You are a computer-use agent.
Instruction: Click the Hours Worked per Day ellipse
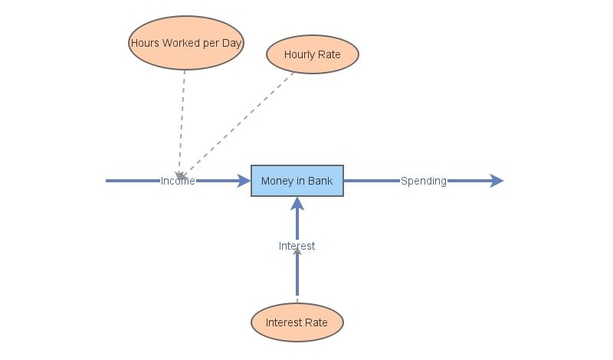[x=186, y=43]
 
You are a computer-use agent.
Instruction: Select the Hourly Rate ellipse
[x=313, y=54]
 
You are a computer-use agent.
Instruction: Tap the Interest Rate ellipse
[x=297, y=322]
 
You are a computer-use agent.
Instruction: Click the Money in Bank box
[x=297, y=181]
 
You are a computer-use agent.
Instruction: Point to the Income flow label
[x=178, y=181]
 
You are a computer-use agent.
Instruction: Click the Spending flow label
[x=423, y=181]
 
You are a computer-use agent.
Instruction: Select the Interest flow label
[x=297, y=246]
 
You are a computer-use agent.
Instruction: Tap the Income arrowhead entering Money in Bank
[x=244, y=181]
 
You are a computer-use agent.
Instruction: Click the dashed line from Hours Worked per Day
[x=182, y=115]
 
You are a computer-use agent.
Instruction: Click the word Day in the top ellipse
[x=232, y=43]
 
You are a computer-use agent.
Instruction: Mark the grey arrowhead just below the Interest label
[x=297, y=253]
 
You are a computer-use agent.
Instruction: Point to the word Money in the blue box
[x=276, y=181]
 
